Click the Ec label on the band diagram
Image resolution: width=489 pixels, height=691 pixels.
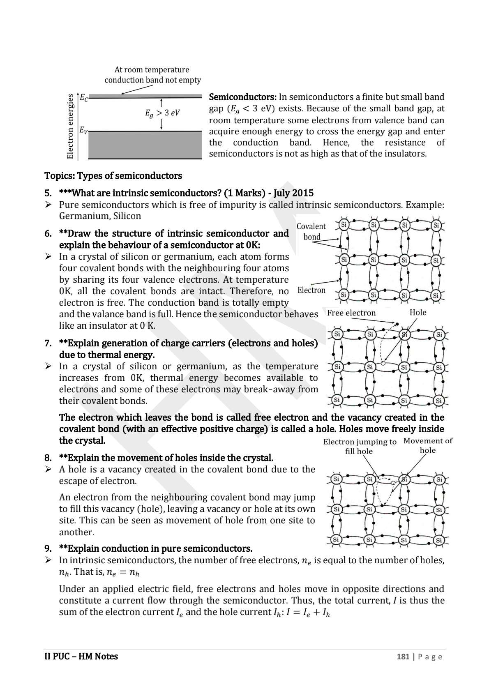point(84,98)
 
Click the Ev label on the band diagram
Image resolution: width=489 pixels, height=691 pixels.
point(83,130)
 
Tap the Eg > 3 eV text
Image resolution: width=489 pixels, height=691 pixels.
point(162,113)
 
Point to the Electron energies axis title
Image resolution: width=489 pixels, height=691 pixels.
point(70,127)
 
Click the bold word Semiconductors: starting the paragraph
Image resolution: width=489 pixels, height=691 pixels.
point(243,97)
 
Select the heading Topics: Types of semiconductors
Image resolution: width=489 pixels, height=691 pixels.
point(113,176)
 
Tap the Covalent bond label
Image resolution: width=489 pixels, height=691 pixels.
point(311,231)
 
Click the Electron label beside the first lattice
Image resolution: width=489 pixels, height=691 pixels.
point(311,290)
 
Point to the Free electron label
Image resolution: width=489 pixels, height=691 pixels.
point(351,313)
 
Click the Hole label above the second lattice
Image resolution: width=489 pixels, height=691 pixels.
point(418,313)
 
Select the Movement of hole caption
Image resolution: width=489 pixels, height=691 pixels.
point(428,445)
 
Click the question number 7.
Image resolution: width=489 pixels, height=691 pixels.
point(48,343)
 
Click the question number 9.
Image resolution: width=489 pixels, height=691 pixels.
point(48,549)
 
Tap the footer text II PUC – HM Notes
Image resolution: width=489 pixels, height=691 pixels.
point(81,656)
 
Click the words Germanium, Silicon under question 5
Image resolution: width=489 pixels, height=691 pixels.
point(100,216)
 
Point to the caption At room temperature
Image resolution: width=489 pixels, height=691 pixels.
point(152,70)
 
